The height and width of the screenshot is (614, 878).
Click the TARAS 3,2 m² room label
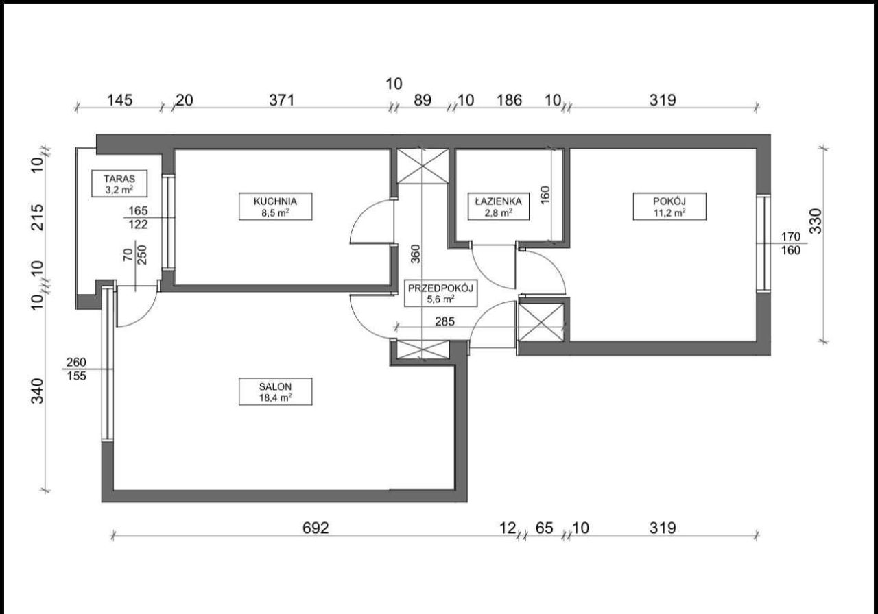[119, 183]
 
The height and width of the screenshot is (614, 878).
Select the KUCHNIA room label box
[276, 206]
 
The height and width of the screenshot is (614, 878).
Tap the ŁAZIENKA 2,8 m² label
[499, 206]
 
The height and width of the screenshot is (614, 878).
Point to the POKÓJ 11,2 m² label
[669, 206]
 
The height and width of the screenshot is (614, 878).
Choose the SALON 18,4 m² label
[276, 391]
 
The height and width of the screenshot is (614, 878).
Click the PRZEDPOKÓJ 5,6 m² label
[440, 293]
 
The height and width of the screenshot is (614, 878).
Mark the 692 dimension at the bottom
[316, 528]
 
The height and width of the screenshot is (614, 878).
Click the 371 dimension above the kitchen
[281, 100]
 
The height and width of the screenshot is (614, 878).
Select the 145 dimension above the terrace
[120, 100]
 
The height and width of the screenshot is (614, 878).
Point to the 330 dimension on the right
[816, 221]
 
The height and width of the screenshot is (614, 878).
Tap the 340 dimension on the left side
[38, 391]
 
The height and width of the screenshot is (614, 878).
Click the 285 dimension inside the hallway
[445, 321]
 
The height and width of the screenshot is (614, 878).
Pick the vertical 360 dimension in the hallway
[416, 254]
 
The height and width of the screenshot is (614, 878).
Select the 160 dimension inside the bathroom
[545, 195]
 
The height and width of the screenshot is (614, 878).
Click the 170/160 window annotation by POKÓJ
[791, 243]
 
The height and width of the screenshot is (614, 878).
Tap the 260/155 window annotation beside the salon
[76, 369]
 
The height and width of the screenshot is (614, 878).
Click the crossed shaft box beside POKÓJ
[541, 323]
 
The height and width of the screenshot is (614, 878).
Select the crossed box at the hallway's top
[423, 166]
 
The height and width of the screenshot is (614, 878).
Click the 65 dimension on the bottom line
[545, 528]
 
